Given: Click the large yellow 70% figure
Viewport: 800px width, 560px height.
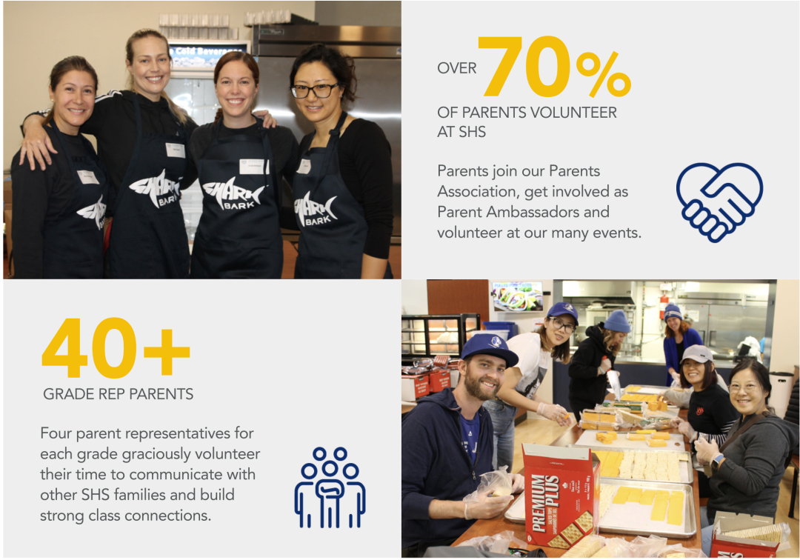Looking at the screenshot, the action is tap(555, 67).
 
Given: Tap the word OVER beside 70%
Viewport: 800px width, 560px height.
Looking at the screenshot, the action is tap(456, 68).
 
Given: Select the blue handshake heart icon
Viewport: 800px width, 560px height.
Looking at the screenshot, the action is tap(719, 202).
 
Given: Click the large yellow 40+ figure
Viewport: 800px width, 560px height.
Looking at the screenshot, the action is tap(116, 348).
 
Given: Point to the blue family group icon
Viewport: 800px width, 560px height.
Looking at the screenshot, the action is tap(330, 487).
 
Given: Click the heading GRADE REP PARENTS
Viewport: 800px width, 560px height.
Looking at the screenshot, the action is tap(119, 394).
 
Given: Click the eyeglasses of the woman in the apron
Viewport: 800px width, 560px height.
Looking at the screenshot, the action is tap(314, 91).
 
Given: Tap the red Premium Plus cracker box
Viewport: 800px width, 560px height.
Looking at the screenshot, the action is tap(560, 496).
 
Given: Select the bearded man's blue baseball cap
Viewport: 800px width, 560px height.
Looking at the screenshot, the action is tap(489, 348).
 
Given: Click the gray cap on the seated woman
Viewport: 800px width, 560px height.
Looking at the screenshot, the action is tap(696, 353).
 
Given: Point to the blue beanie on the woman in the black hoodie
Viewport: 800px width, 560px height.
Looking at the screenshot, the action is tap(617, 321).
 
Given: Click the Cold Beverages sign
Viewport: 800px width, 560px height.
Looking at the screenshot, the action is tap(207, 52).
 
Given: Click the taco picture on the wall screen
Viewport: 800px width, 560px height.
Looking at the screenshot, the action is tap(517, 296).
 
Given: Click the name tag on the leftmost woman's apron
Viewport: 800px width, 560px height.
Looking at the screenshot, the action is tap(87, 177).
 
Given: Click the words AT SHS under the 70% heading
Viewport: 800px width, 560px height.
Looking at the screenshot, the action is tap(461, 132).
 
